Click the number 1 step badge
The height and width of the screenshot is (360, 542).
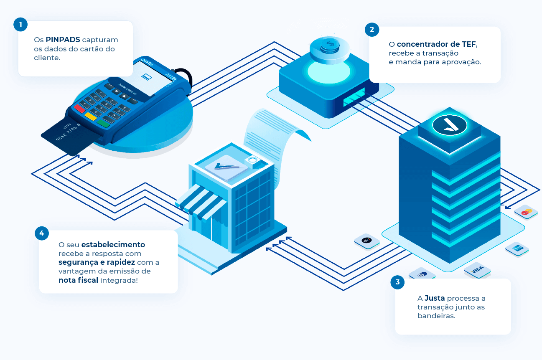coord(20,24)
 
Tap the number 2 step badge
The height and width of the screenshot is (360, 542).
coord(372,30)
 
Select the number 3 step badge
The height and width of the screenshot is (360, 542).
coord(397,282)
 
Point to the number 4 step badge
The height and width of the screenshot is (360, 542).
coord(42,233)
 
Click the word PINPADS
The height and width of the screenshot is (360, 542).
coord(63,40)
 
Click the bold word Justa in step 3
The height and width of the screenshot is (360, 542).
coord(435,298)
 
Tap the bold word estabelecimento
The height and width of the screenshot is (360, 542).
coord(113,244)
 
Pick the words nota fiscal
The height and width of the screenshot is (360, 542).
coord(78,280)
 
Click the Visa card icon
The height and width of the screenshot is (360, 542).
coord(477,270)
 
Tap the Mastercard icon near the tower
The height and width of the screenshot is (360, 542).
coord(526,212)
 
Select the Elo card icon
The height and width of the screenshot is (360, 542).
coord(367,241)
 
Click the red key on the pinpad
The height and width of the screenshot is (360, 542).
coord(79,109)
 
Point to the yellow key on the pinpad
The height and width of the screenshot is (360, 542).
coord(90,116)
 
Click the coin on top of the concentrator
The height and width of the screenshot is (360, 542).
coord(330,46)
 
